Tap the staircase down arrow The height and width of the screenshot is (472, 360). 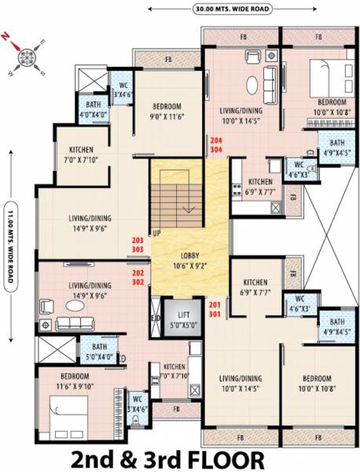(x=189, y=207)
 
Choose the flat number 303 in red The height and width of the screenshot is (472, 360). (x=138, y=249)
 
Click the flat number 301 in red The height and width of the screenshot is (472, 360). (x=215, y=313)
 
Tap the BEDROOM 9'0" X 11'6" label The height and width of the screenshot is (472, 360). (x=167, y=112)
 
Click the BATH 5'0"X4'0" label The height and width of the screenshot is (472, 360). (x=99, y=350)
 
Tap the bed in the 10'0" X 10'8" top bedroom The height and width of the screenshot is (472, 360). (x=323, y=77)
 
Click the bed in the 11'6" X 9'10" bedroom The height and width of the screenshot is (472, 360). (x=68, y=415)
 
